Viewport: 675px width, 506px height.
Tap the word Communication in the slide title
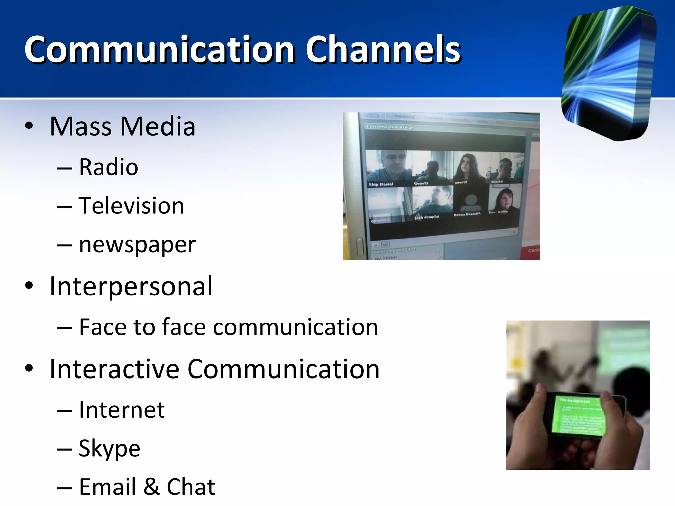pos(160,49)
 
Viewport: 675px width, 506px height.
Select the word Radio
pos(108,167)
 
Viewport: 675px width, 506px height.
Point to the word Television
pos(131,206)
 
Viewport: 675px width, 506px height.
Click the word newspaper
pos(137,245)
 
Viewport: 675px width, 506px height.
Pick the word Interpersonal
pos(131,286)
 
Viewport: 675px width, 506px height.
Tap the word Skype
pos(109,448)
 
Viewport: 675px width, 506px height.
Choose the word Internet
pos(122,410)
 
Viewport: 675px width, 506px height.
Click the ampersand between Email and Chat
pos(151,487)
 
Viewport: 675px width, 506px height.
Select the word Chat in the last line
pos(191,487)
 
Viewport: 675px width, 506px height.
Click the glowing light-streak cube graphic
pos(608,73)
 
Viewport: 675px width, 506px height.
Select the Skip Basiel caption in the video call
pos(381,184)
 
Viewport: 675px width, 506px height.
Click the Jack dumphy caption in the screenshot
pos(426,217)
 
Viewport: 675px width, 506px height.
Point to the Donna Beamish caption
pos(467,214)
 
